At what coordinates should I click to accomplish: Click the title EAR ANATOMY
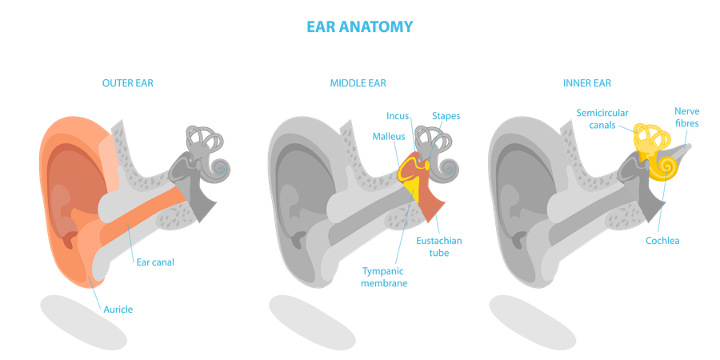click(x=359, y=26)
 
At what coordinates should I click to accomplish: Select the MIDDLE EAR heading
click(x=358, y=82)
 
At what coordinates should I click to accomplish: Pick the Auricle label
click(x=118, y=310)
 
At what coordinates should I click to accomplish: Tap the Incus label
click(x=398, y=116)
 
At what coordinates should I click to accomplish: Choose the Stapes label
click(x=446, y=116)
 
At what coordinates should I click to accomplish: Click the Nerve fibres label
click(x=686, y=118)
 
